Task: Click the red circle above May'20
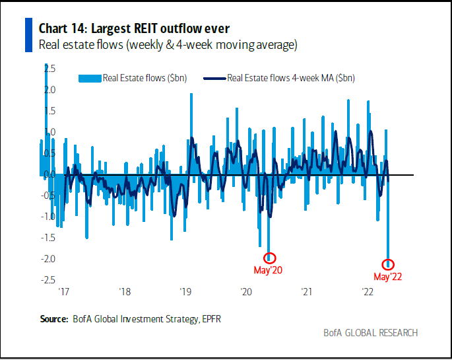270,258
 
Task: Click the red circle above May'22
389,264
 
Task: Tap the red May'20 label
268,270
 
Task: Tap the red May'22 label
387,277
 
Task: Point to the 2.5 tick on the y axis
50,68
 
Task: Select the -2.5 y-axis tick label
48,280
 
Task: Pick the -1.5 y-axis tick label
48,238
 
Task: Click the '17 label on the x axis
64,291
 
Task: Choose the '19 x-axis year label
185,291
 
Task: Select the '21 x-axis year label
306,291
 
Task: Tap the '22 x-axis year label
367,291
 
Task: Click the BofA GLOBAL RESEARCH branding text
370,332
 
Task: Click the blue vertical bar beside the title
28,35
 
